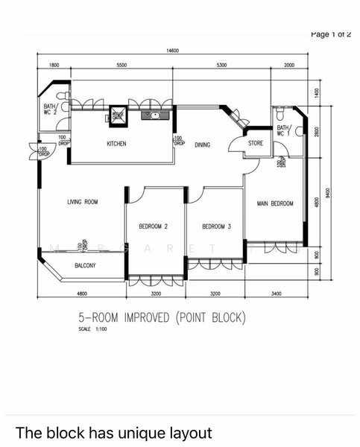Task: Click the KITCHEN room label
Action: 116,144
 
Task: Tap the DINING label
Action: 203,145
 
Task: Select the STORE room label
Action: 256,143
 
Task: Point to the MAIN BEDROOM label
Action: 275,203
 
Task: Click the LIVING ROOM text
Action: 82,201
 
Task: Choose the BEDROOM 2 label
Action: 153,226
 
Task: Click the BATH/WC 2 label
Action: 49,109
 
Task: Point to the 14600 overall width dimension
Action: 172,51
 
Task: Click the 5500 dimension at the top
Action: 121,66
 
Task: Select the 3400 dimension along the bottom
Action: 276,294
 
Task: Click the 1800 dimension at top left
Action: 54,66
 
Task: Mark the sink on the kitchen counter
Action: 156,115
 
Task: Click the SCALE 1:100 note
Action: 92,329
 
